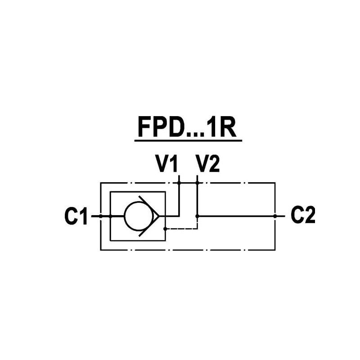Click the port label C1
tap(76, 216)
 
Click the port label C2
tap(303, 216)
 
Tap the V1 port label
tap(167, 164)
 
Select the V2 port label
tap(207, 164)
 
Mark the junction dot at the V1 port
tap(179, 183)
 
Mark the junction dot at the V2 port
tap(197, 183)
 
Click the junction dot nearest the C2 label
tap(275, 216)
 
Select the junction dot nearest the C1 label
tap(100, 216)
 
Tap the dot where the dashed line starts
tap(166, 228)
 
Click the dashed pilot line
tap(182, 228)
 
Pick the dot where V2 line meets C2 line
tap(197, 216)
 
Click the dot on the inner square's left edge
tap(110, 216)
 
